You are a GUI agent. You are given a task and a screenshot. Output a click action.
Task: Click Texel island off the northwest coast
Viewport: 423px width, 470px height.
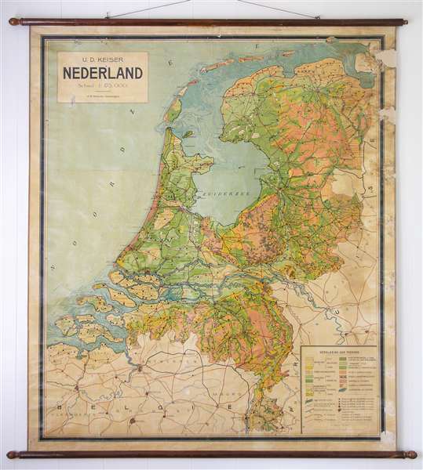174,110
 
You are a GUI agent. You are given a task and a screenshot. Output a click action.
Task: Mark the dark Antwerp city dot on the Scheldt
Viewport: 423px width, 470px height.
140,365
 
